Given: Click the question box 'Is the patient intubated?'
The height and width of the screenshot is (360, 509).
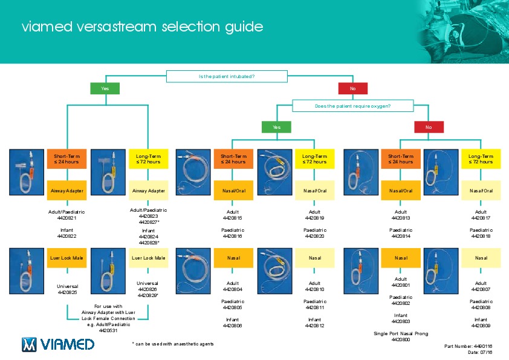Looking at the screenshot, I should (227, 76).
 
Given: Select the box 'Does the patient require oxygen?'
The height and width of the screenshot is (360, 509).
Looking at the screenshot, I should (352, 106).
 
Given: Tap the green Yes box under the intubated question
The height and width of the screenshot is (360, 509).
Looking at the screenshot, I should (105, 88).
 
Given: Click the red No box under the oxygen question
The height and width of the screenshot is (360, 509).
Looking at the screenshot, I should (429, 127).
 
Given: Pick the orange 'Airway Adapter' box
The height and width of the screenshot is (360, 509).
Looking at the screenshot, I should (66, 191).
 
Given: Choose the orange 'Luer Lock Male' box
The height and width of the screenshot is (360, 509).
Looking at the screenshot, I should (66, 258).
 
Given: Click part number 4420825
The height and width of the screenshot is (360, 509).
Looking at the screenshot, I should (66, 292).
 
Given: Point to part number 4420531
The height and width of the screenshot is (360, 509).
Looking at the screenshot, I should (109, 332).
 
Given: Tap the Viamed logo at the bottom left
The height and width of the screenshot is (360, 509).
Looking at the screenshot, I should (58, 344).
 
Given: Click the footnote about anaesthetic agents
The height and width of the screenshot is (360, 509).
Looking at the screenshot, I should (173, 344).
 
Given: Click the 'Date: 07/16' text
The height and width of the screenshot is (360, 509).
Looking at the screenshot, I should (481, 352).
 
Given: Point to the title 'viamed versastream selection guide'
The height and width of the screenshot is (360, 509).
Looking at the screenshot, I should (142, 27).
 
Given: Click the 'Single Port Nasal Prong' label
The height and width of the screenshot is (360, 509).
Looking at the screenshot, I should (401, 334).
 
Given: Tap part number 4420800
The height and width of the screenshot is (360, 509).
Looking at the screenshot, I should (401, 340).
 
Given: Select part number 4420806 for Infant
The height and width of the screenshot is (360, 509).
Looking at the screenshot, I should (233, 326).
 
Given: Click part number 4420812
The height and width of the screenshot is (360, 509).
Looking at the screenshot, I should (315, 326).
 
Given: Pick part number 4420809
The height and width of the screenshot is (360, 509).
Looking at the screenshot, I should (481, 326).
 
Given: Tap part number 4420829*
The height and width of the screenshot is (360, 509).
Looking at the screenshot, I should (149, 296).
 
